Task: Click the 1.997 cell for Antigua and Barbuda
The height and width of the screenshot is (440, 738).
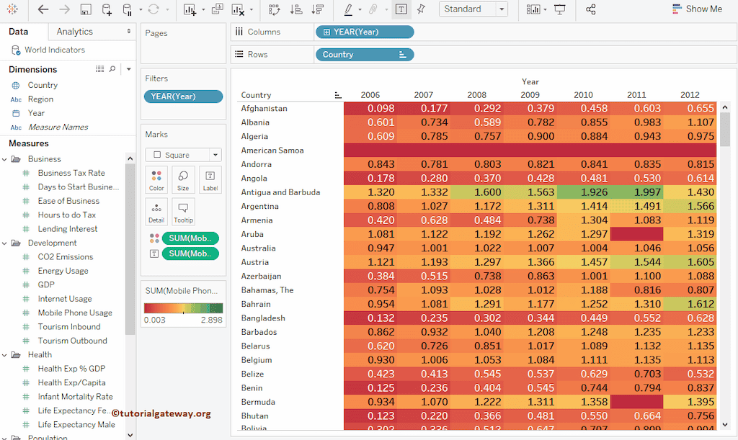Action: [x=636, y=192]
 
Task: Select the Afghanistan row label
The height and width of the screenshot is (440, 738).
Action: [x=264, y=109]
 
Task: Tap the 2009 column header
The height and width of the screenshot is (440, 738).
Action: [x=530, y=95]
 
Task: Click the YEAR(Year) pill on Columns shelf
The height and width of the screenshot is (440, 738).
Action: [x=364, y=32]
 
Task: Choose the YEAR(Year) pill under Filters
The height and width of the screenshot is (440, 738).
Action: [x=183, y=96]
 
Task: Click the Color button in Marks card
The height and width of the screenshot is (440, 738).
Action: [x=156, y=179]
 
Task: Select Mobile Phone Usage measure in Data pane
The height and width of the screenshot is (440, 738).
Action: [x=75, y=313]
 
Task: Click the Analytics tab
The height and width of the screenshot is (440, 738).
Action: [x=75, y=32]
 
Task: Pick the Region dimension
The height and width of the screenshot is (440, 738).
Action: [x=40, y=99]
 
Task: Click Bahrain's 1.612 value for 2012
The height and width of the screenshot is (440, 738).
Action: [x=690, y=305]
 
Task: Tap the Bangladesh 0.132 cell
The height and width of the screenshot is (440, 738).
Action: [x=370, y=318]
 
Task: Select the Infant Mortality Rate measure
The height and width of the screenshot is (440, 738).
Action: [x=75, y=397]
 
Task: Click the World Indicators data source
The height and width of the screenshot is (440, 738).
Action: [x=54, y=50]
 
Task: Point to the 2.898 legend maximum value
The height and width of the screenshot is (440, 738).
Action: [x=211, y=320]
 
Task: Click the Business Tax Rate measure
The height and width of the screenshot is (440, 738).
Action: [x=71, y=174]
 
